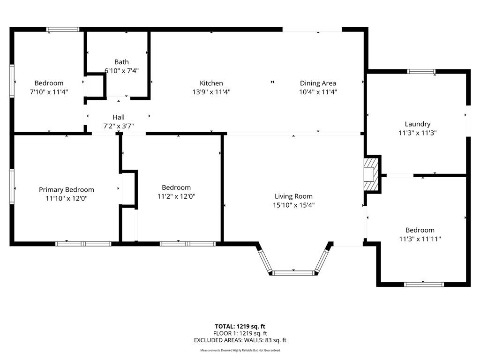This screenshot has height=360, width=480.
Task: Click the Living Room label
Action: click(293, 196)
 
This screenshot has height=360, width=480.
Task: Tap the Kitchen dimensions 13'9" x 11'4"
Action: click(211, 92)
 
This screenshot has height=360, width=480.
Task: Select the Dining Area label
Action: click(318, 83)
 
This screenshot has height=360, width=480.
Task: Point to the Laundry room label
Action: click(418, 124)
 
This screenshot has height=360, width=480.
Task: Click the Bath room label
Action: click(121, 62)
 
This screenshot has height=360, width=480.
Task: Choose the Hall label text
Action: click(119, 117)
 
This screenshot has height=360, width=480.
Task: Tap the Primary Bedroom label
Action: click(67, 190)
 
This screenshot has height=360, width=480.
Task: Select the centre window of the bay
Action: click(293, 273)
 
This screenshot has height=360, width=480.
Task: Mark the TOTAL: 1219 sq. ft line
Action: click(240, 326)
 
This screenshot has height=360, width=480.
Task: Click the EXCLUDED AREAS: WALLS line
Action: click(240, 340)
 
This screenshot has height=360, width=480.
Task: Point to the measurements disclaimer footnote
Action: click(240, 350)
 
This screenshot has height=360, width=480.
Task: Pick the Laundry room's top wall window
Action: click(421, 72)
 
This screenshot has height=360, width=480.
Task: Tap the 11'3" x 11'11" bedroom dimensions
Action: click(420, 239)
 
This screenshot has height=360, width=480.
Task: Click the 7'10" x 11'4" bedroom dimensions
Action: click(49, 92)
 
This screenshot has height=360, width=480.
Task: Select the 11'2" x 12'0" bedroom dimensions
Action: click(176, 196)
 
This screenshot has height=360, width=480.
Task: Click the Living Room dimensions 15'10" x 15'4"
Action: click(293, 205)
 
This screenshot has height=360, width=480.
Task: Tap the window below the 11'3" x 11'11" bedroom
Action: click(424, 285)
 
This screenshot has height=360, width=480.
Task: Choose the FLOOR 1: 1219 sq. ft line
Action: click(240, 333)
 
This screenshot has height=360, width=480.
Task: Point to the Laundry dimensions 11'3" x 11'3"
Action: click(418, 133)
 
